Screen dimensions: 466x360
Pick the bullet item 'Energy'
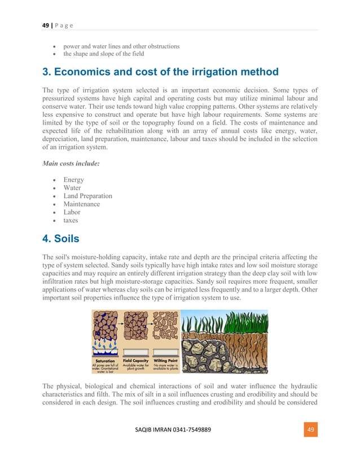(x=74, y=180)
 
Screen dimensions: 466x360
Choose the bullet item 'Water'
(x=72, y=188)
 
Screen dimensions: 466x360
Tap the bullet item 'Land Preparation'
(x=87, y=196)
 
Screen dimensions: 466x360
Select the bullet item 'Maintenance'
(x=82, y=204)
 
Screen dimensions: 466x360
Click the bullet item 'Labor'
(x=72, y=213)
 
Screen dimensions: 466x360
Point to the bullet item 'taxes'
(x=71, y=221)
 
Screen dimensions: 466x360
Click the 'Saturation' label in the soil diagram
(x=105, y=361)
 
